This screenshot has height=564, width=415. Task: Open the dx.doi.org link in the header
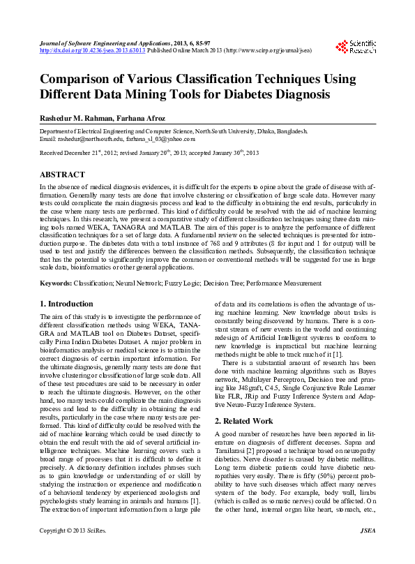pos(92,51)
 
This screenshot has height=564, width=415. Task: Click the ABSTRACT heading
pos(63,174)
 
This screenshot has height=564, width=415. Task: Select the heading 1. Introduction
pos(66,304)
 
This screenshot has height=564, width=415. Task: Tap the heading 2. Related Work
pos(245,421)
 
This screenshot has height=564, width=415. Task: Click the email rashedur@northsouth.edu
pos(90,139)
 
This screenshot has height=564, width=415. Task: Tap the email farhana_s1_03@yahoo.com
pos(160,139)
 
